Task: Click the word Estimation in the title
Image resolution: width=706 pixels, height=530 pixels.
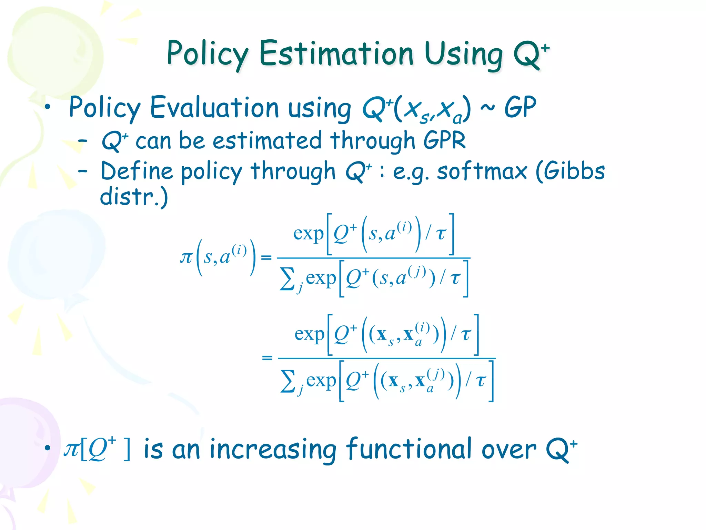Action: coord(336,54)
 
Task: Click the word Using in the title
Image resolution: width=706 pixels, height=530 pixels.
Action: coord(464,54)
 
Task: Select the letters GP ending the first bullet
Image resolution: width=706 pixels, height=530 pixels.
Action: coord(520,108)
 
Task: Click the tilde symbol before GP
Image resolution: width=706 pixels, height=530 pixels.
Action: coord(487,108)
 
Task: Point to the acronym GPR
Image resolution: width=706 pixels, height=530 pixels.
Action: coord(444,140)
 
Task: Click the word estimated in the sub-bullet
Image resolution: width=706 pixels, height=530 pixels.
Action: coord(267,140)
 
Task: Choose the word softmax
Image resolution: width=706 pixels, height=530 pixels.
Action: coord(482,171)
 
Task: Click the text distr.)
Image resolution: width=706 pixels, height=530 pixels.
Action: coord(134,196)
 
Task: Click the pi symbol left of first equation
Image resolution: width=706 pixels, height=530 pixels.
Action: coord(186,257)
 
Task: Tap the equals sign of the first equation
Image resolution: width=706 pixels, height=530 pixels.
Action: coord(266,257)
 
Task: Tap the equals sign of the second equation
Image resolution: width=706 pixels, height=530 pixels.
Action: coord(267,358)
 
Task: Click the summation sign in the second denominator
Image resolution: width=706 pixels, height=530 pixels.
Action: coord(288,381)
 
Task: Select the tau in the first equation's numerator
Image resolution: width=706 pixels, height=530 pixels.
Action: coord(441,234)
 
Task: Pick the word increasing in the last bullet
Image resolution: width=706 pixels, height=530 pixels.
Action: coord(273,450)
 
